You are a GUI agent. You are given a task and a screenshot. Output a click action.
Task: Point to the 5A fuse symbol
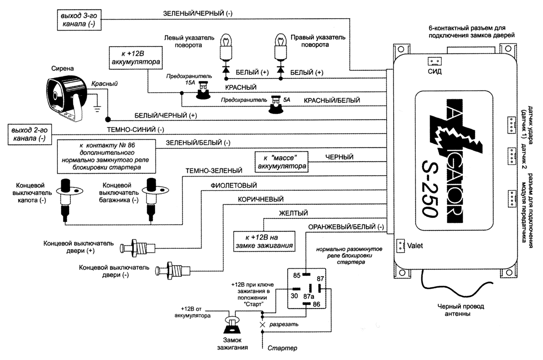[275, 105]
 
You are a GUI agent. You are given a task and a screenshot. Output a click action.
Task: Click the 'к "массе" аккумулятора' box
[282, 161]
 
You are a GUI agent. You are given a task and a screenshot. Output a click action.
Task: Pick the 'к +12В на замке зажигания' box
[264, 241]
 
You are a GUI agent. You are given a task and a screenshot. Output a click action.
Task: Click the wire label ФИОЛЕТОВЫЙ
[232, 186]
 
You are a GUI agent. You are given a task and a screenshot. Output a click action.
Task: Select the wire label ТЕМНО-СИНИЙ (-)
[132, 130]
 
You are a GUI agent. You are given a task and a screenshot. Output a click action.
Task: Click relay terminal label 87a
[308, 297]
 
